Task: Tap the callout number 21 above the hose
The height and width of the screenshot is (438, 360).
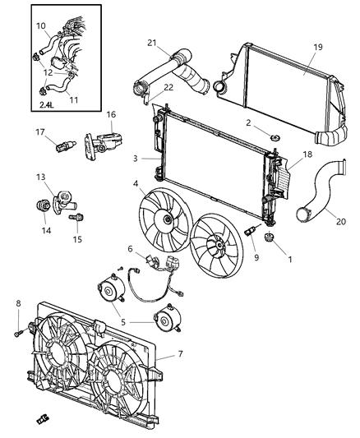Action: [x=153, y=43]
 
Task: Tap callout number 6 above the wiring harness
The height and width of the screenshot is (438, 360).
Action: [x=130, y=248]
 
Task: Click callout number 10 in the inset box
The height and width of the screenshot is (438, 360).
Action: [x=40, y=26]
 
